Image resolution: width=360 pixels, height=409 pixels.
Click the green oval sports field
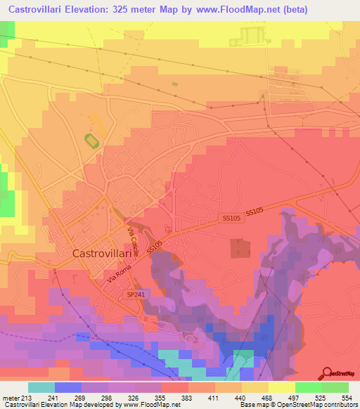click(x=91, y=141)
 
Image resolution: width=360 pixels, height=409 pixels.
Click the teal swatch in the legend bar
click(x=41, y=387)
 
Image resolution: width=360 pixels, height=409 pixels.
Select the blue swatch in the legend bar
click(x=67, y=387)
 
